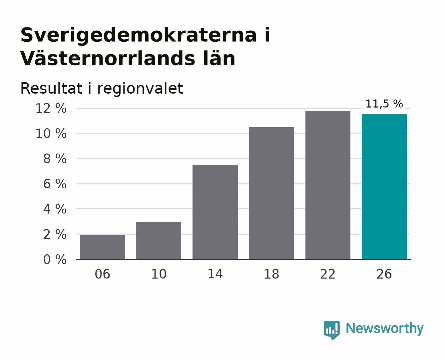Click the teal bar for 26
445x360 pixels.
384,187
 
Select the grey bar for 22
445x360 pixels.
328,185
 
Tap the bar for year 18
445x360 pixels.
271,193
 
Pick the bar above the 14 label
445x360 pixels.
215,212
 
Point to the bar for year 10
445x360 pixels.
159,240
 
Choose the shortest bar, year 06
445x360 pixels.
102,247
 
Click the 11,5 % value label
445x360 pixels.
384,104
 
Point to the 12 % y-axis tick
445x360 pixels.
51,108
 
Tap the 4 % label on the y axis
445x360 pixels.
55,209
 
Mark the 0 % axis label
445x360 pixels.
55,259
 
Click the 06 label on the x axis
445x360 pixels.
102,274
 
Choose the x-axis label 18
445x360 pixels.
271,274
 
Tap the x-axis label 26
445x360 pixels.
384,274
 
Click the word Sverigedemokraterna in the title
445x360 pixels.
139,35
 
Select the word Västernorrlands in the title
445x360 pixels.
108,59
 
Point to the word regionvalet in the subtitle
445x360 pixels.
140,88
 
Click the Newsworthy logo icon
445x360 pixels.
331,330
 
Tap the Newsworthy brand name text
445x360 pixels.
385,328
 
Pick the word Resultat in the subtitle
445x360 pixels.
51,88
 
